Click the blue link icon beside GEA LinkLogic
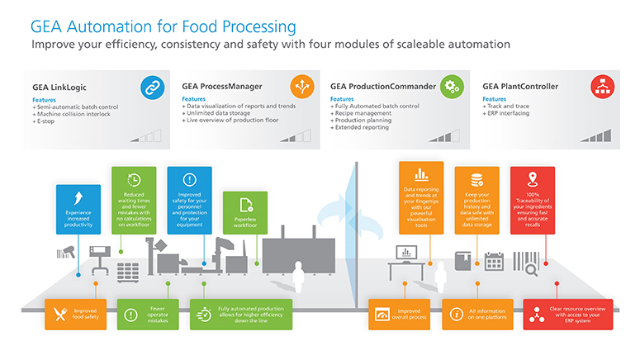(152, 85)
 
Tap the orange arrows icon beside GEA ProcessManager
(301, 85)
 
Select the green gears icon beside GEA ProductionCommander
(451, 85)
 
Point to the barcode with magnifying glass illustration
(528, 260)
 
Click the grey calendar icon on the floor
(495, 260)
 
